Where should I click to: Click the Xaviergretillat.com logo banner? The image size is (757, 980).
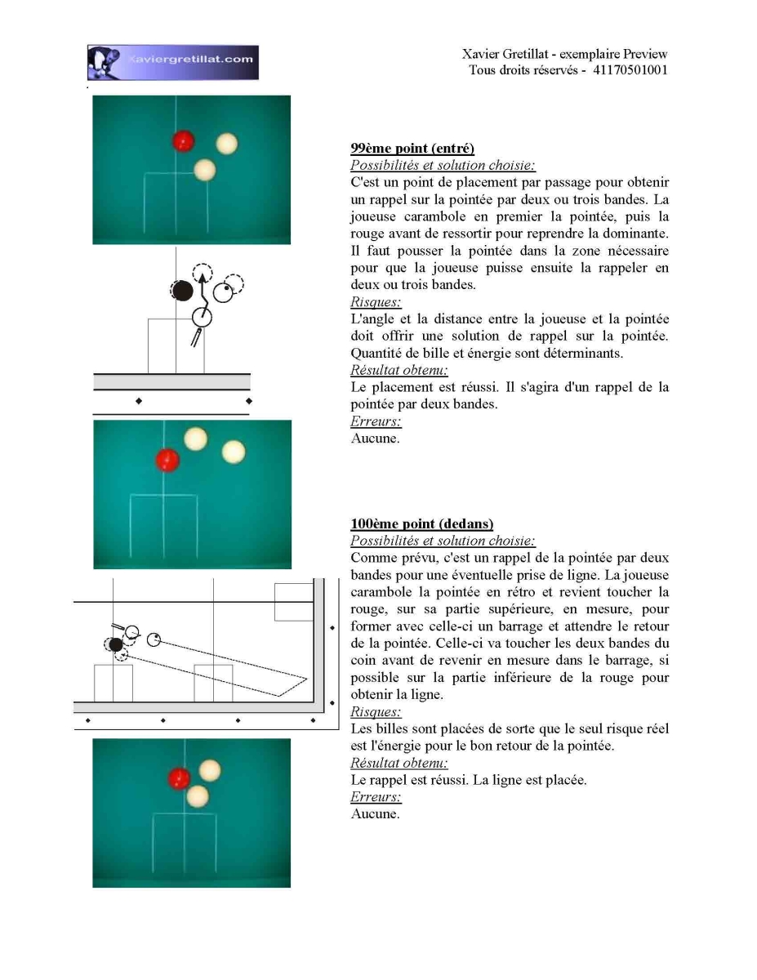172,62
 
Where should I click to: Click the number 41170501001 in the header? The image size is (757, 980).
630,70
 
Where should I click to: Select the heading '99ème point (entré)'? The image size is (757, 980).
412,149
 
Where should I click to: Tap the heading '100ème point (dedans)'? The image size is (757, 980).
422,523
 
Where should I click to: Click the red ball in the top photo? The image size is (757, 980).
183,141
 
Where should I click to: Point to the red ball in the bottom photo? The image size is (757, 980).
179,779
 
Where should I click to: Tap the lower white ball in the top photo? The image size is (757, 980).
205,170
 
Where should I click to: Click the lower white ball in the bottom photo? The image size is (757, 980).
198,796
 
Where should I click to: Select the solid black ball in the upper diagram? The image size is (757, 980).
183,291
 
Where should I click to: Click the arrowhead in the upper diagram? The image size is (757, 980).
203,277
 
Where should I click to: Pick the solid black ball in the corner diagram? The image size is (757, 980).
116,645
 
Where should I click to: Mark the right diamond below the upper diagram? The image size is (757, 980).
249,401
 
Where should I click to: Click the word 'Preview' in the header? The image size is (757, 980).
645,54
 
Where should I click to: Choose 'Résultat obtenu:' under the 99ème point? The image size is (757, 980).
399,370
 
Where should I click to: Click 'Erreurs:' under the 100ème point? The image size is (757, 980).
376,797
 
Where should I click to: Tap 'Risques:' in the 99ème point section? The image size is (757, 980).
376,301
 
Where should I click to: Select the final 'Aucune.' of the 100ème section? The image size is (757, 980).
375,813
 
